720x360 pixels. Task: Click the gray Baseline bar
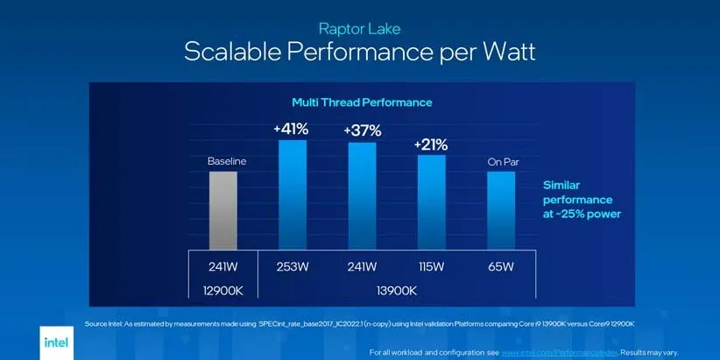(x=222, y=210)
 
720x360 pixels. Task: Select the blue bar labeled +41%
(x=293, y=194)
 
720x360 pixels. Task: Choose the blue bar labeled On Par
(x=501, y=210)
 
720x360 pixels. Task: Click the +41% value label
(x=291, y=129)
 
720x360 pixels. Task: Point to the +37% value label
(x=364, y=131)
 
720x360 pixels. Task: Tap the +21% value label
(x=432, y=144)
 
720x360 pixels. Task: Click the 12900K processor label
(x=222, y=289)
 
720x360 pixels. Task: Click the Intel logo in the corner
(x=56, y=342)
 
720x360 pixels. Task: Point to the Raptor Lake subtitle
(x=360, y=29)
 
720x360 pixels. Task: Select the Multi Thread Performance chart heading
(x=362, y=102)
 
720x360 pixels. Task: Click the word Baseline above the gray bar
(x=227, y=161)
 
